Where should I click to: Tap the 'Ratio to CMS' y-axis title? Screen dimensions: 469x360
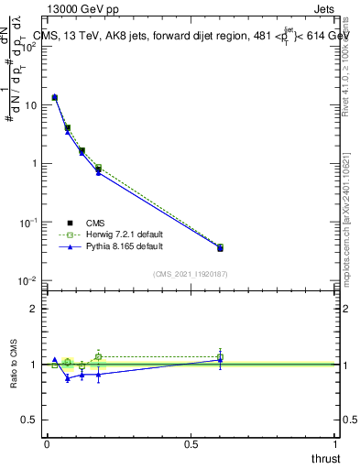(14, 365)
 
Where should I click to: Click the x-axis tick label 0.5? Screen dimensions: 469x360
(191, 443)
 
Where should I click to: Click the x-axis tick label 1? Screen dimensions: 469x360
(335, 443)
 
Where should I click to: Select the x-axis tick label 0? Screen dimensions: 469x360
(47, 443)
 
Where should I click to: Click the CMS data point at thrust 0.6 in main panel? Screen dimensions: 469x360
(221, 248)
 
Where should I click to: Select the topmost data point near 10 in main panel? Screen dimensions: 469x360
(55, 97)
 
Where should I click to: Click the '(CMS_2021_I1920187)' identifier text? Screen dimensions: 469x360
(190, 273)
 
